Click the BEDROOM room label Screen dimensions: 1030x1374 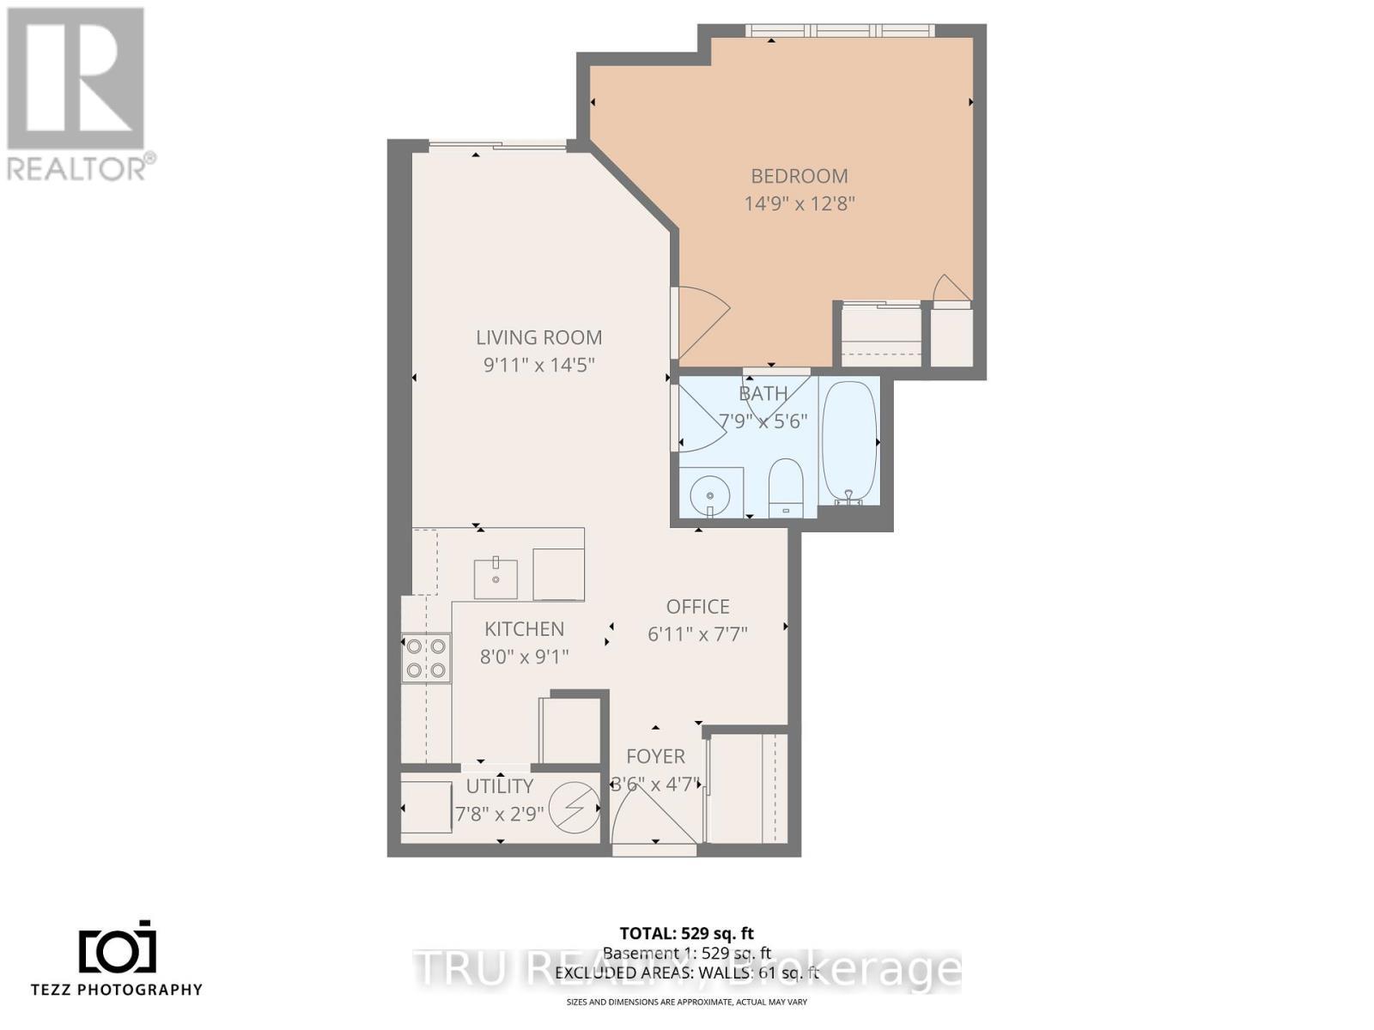pyautogui.click(x=799, y=176)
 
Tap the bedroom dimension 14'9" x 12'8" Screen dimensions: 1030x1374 pyautogui.click(x=799, y=204)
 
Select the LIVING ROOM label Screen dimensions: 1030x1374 pyautogui.click(x=539, y=337)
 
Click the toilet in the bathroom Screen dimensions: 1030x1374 pyautogui.click(x=784, y=488)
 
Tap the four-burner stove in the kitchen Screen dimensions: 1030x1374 pyautogui.click(x=426, y=658)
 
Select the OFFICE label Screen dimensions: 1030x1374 pyautogui.click(x=697, y=607)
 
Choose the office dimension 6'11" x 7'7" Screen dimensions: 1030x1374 pyautogui.click(x=697, y=634)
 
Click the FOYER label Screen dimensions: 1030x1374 pyautogui.click(x=655, y=756)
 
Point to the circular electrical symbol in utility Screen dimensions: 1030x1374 pyautogui.click(x=574, y=809)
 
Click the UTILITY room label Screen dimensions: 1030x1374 pyautogui.click(x=499, y=786)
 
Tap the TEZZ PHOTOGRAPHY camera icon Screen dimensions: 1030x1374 pyautogui.click(x=118, y=948)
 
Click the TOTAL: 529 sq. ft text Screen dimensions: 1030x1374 pyautogui.click(x=686, y=933)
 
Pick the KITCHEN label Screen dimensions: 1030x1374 pyautogui.click(x=524, y=629)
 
